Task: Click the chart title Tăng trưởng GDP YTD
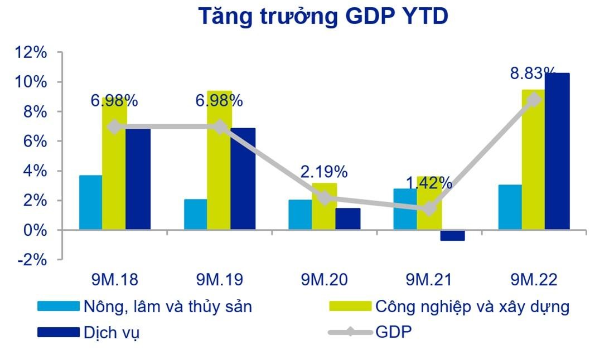click(x=323, y=17)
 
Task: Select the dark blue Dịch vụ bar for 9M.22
click(x=557, y=150)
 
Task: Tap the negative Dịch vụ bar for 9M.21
click(x=452, y=235)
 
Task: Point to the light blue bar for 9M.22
click(x=510, y=207)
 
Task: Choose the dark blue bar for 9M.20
click(x=347, y=218)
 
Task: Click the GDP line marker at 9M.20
click(x=324, y=198)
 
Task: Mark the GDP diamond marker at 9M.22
click(x=534, y=100)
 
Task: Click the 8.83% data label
click(x=534, y=73)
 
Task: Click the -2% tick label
click(x=31, y=260)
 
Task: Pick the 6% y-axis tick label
click(x=35, y=142)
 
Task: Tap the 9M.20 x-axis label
click(x=324, y=279)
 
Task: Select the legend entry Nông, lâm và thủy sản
click(x=167, y=306)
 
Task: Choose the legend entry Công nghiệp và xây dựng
click(x=472, y=306)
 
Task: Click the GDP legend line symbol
click(x=349, y=333)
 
